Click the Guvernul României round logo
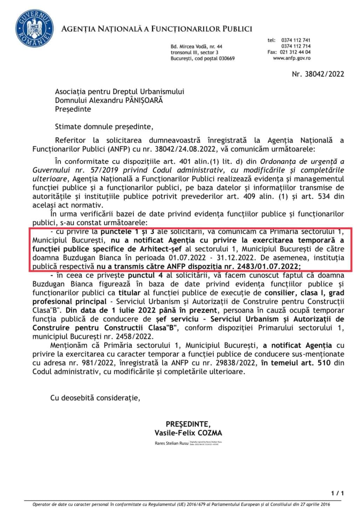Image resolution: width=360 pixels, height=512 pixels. tap(32, 28)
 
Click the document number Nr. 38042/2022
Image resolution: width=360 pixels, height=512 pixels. tap(318, 74)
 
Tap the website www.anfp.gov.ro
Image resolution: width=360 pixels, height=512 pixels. tap(291, 58)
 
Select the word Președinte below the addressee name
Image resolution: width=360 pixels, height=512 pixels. tap(73, 109)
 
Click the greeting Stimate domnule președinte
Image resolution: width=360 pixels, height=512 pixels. tap(104, 127)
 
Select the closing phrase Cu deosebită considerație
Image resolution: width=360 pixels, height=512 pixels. tap(95, 398)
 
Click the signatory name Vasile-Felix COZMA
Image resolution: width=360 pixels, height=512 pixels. tap(188, 433)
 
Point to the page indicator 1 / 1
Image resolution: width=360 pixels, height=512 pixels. tap(337, 493)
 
